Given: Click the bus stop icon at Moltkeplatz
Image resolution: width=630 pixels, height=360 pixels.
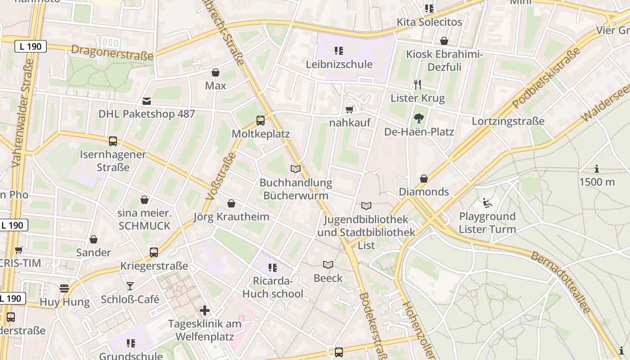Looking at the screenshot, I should pos(261,120).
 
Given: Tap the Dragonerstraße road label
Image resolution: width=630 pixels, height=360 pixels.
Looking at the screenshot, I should pos(112,53).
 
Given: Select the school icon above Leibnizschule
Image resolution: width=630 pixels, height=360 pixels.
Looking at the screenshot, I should pos(339,50).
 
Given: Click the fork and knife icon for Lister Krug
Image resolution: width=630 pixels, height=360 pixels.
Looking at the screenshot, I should pos(418,84).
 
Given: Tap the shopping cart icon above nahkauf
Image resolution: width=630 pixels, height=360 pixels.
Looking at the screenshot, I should pos(349,109).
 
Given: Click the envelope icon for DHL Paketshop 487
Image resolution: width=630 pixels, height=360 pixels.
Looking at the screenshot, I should pos(147,101).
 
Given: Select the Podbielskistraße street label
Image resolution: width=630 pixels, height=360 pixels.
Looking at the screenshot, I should pos(546,78).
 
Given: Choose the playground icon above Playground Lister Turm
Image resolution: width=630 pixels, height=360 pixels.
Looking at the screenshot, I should pos(487,203).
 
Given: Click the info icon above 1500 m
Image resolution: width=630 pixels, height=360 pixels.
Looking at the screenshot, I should pos(597,169).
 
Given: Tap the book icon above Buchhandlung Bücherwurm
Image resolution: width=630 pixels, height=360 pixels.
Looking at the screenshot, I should pos(296,169).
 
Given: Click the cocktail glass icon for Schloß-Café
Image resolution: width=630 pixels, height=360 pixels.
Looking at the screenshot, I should pos(130,286).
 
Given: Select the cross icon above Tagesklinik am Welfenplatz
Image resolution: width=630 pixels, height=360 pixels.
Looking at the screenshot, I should pos(205,310).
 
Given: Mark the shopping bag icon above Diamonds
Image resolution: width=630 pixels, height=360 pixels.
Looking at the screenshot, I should pos(423,179).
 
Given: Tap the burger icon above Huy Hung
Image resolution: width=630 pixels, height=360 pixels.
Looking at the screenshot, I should pos(64,288).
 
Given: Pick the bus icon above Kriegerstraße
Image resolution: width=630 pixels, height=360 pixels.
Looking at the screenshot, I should pos(154,252).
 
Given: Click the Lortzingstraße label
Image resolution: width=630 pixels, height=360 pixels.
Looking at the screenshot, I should pos(508,121).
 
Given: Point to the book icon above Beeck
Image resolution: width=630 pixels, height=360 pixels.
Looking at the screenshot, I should pos(328,265).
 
